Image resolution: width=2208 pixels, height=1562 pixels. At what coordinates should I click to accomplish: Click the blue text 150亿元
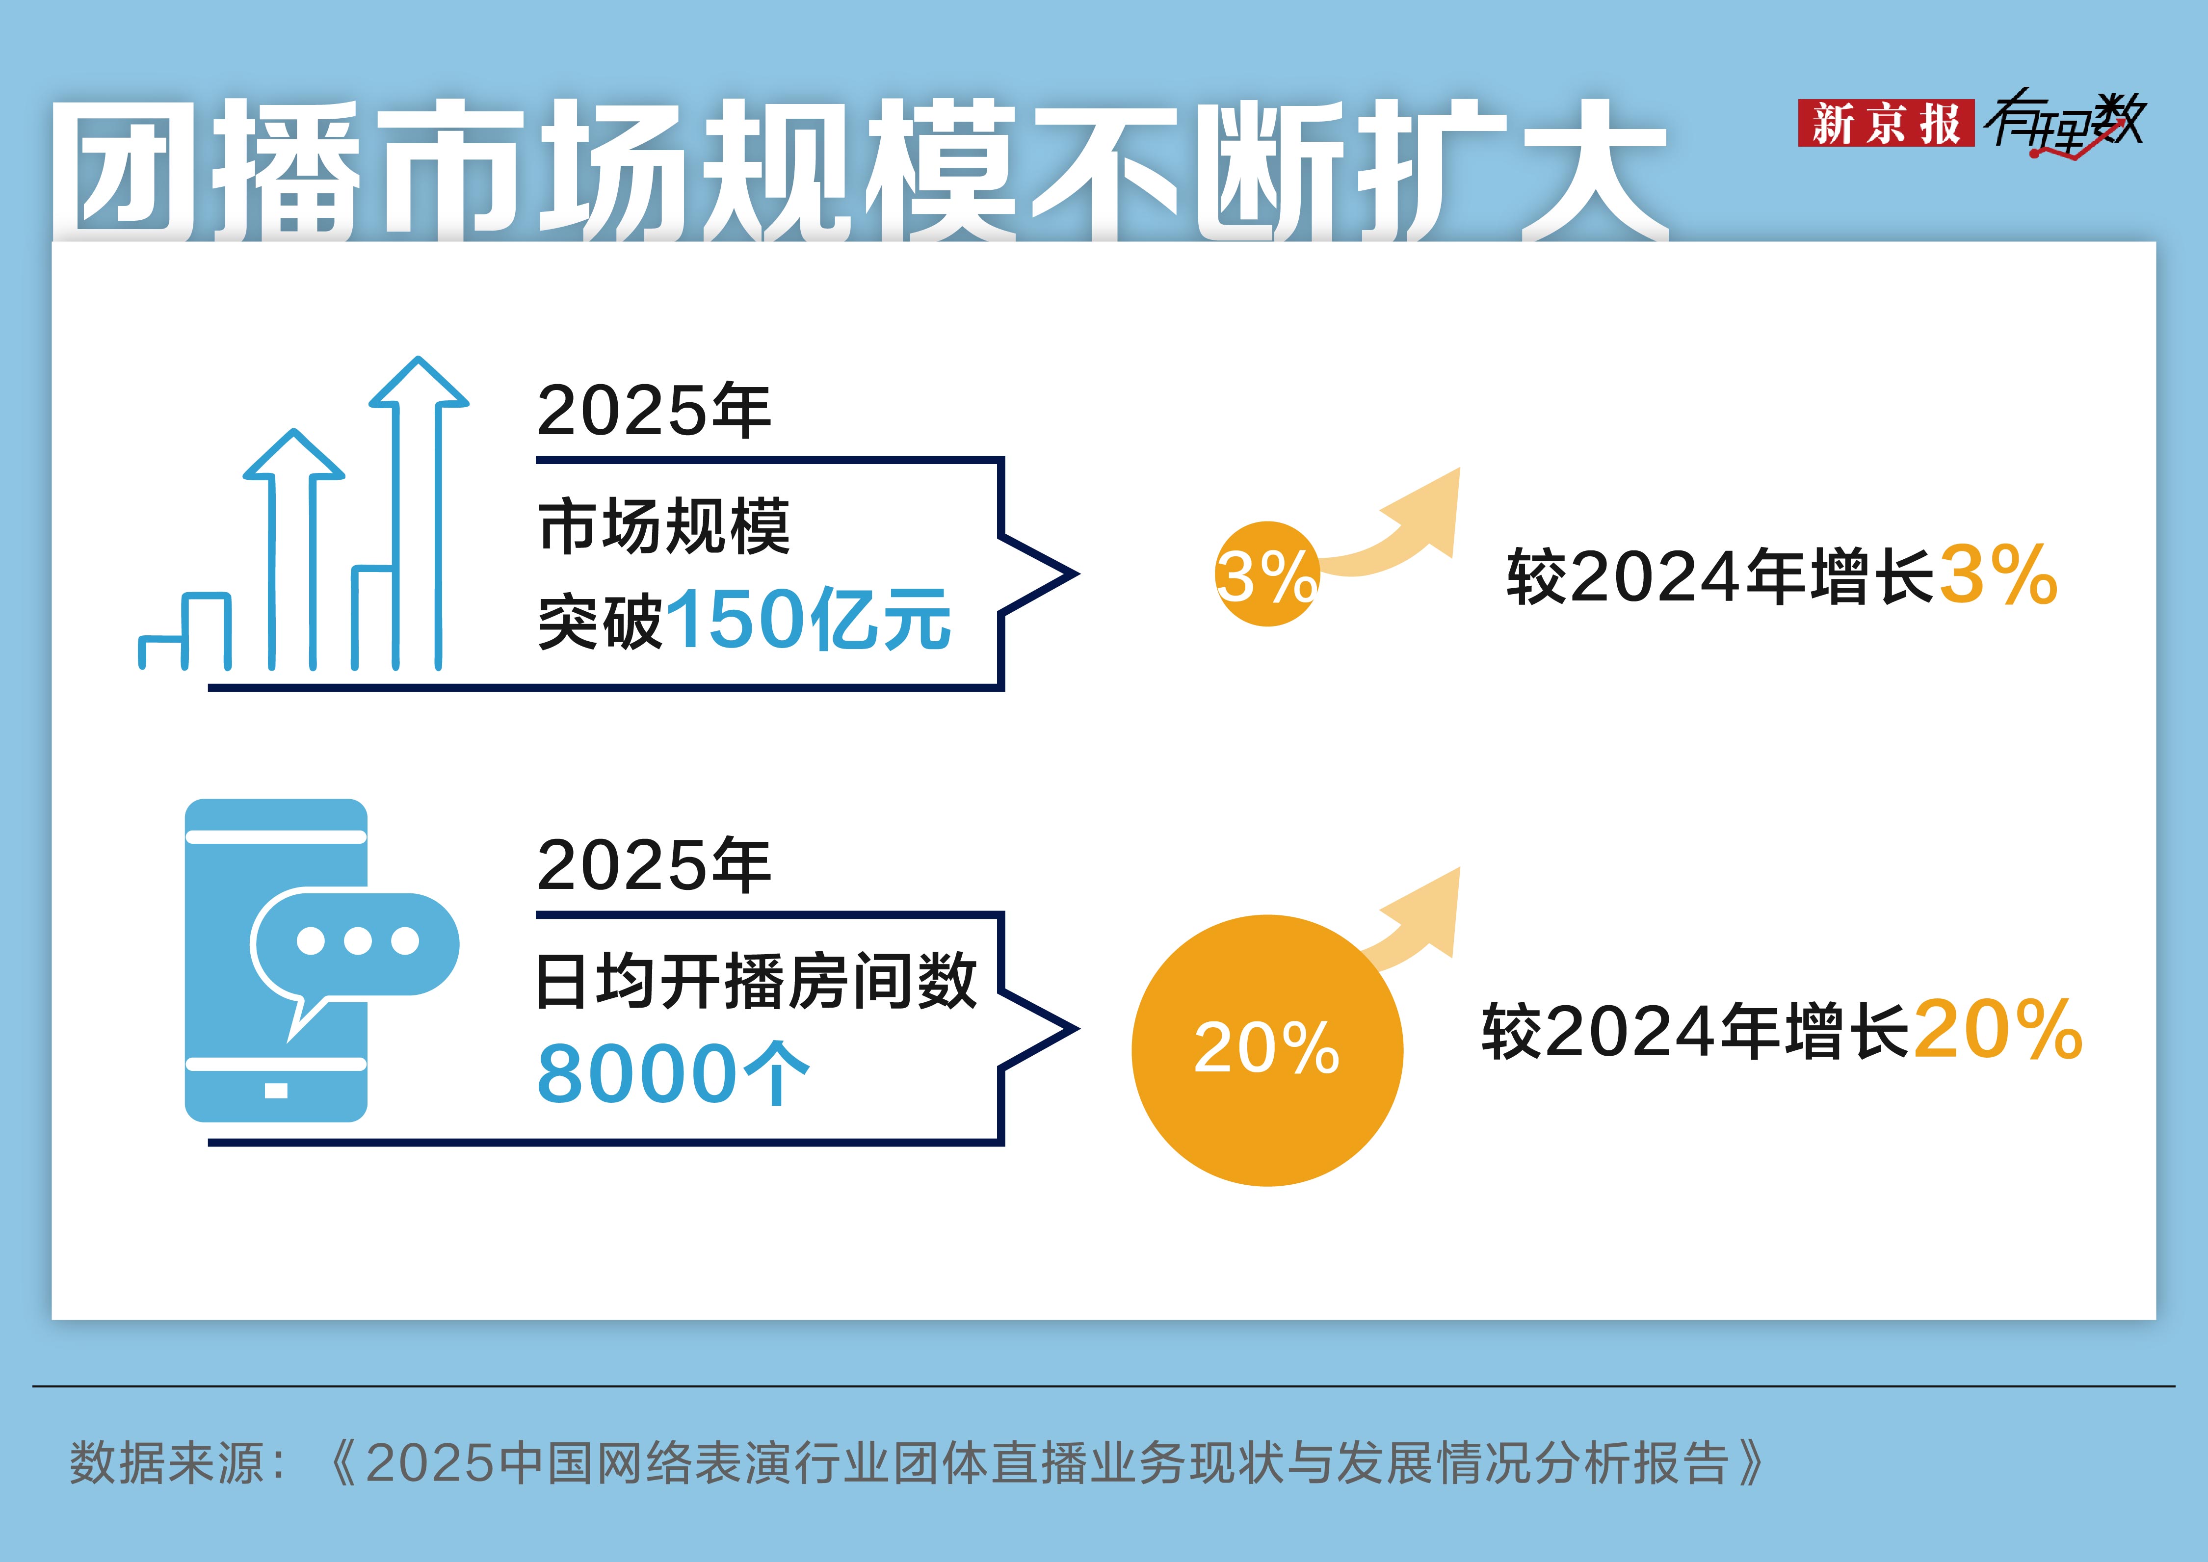pos(808,621)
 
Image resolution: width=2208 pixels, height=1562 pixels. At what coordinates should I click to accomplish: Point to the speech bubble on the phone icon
pos(354,942)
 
